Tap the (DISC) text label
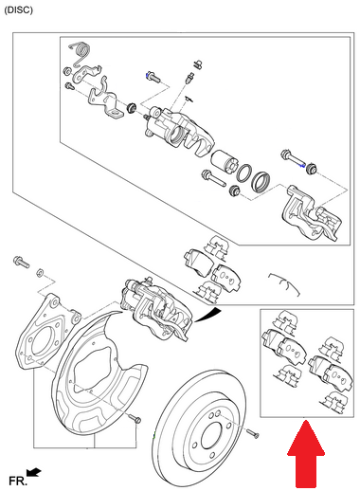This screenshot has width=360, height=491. coord(20,9)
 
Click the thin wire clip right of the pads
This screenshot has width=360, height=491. coord(286,281)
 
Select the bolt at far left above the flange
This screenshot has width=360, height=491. coord(19,259)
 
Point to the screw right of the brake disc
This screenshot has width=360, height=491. coord(252,433)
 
